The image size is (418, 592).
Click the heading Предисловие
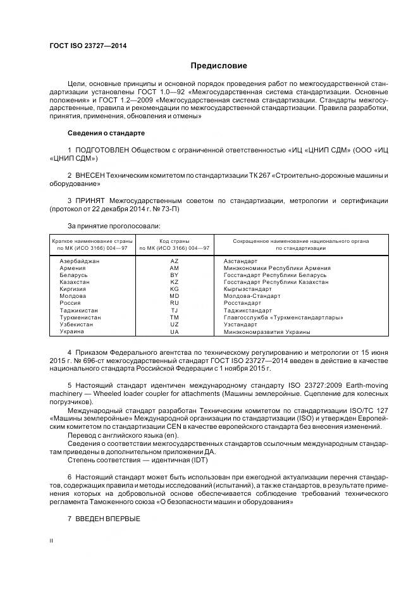click(219, 65)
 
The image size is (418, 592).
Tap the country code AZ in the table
click(175, 261)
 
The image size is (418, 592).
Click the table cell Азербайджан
click(79, 261)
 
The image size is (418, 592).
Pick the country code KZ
click(175, 282)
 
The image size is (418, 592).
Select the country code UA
click(175, 332)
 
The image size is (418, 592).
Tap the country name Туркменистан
click(80, 318)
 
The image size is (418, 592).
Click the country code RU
click(175, 304)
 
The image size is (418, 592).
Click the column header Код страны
click(175, 241)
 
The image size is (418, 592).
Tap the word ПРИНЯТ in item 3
click(90, 200)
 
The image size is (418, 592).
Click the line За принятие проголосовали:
click(113, 225)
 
